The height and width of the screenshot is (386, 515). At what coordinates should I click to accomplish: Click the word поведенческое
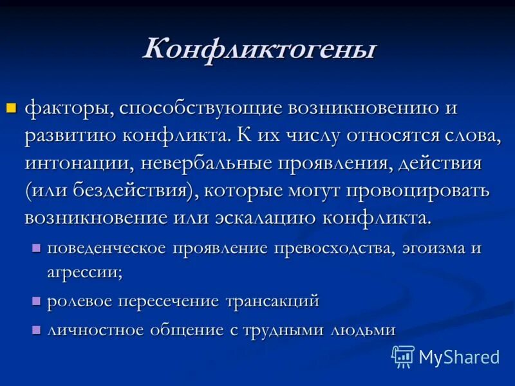pyautogui.click(x=107, y=248)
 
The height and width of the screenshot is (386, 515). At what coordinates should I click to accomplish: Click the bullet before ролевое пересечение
pyautogui.click(x=36, y=300)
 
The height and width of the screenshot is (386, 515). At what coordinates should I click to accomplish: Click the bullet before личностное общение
pyautogui.click(x=36, y=329)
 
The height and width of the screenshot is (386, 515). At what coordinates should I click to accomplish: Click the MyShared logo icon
pyautogui.click(x=403, y=356)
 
